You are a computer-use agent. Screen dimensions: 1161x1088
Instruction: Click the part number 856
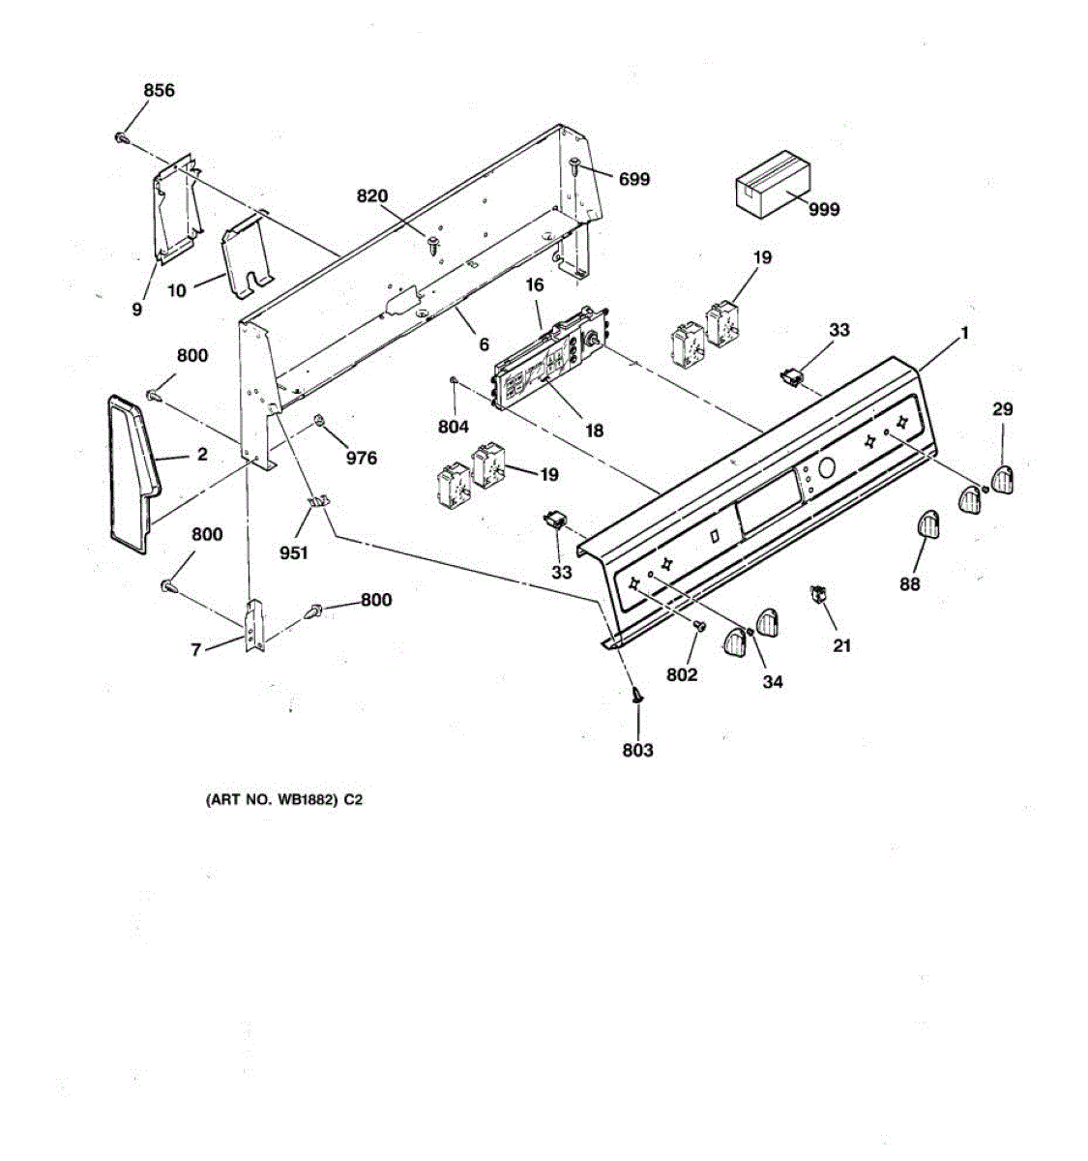coord(160,91)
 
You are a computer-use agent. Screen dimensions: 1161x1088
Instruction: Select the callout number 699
coord(634,179)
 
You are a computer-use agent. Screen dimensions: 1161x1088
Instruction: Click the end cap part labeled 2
coord(132,472)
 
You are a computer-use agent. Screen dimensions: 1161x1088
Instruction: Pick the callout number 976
coord(361,458)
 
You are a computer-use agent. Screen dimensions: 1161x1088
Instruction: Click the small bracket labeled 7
coord(253,624)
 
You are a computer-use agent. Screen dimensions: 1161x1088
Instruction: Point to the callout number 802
coord(681,674)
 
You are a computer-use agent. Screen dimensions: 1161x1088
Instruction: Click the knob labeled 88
coord(927,525)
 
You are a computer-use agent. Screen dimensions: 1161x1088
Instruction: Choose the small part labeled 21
coord(818,595)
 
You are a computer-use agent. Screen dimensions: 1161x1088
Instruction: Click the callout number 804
coord(453,427)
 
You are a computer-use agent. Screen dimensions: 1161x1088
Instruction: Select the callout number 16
coord(535,285)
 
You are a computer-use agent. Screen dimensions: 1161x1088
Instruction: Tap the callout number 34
coord(772,681)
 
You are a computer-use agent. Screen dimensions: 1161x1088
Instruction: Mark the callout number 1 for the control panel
coord(963,333)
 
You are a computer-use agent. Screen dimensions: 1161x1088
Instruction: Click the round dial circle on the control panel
coord(827,469)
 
